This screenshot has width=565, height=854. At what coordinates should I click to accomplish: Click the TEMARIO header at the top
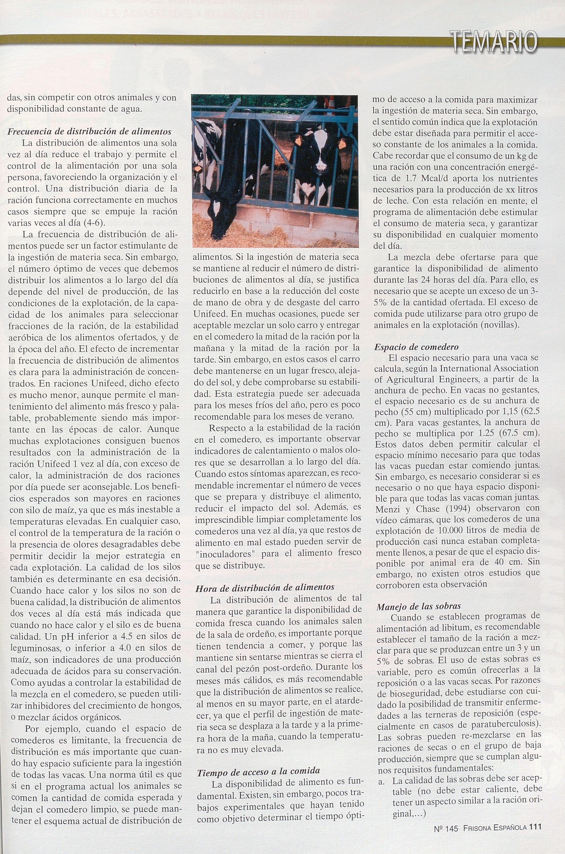coord(492,41)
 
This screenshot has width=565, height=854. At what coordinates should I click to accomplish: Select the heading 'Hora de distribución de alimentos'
coord(265,587)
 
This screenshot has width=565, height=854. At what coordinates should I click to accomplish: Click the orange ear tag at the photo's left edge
coord(197,167)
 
